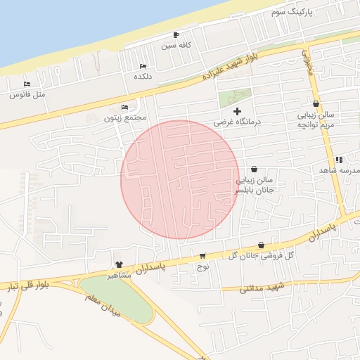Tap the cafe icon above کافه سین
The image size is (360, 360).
176,34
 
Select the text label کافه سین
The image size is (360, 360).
176,46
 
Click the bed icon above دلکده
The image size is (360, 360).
143,66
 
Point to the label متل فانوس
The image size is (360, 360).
27,94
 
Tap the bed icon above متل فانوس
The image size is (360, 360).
27,84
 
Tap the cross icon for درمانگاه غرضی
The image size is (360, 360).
237,110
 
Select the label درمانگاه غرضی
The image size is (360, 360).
238,122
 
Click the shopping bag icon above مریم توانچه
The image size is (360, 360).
316,103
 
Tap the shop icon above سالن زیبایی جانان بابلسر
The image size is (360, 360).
253,169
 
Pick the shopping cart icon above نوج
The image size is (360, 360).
202,256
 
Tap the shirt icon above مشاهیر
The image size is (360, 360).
119,265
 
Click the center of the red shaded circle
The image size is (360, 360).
180,180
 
